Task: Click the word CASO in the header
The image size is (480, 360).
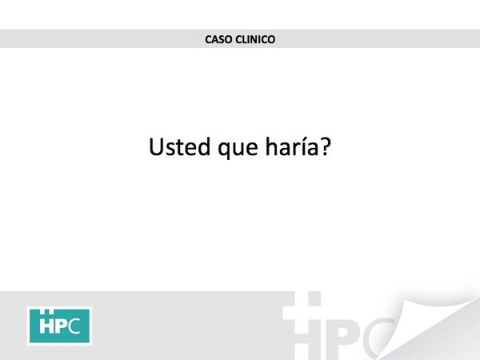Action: [x=218, y=39]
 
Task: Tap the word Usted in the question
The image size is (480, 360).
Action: [x=179, y=147]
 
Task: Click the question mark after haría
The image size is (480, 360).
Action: [x=326, y=146]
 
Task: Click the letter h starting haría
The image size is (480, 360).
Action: [x=271, y=146]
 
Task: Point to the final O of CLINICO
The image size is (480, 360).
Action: [x=271, y=39]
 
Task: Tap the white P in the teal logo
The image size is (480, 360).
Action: [x=62, y=326]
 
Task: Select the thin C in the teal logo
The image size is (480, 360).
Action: [x=74, y=326]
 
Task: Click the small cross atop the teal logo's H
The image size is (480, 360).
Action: [x=47, y=312]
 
